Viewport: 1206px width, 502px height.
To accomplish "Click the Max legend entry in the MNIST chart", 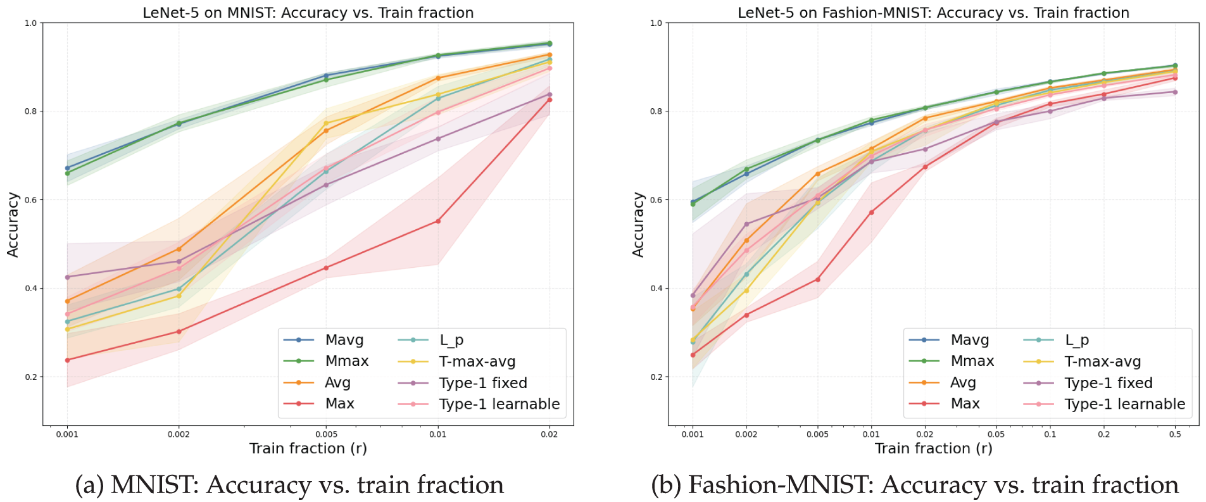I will [339, 404].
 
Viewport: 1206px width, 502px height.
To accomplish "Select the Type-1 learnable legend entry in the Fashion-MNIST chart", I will [1124, 404].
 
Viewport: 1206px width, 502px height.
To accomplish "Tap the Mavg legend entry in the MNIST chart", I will [344, 340].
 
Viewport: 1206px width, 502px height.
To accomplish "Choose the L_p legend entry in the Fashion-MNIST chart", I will [1076, 340].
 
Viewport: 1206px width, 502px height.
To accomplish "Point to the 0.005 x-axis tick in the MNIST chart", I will [326, 434].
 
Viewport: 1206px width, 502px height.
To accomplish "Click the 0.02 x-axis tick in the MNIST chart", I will [550, 434].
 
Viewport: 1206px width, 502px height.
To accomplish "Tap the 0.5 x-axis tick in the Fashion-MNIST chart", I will [1175, 434].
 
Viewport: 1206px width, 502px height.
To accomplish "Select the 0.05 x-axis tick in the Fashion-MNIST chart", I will [996, 434].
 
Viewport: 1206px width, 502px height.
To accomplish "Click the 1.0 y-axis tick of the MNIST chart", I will [30, 23].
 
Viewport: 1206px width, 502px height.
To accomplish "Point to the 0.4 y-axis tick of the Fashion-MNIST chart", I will [656, 289].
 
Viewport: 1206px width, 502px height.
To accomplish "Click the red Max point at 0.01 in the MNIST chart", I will [438, 221].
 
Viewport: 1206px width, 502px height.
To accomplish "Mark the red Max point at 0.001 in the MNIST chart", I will [67, 360].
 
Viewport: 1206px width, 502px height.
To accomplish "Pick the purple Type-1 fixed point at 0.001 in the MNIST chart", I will [67, 277].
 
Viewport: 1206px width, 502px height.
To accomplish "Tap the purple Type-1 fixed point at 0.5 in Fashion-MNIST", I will [1175, 92].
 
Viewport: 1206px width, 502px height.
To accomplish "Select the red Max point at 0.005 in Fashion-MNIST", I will [817, 279].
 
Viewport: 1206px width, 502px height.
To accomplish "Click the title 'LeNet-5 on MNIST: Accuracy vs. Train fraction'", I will [308, 13].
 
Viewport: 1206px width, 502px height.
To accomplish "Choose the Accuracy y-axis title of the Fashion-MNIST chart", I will [638, 225].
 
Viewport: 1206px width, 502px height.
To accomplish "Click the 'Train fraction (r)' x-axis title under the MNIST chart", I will [308, 448].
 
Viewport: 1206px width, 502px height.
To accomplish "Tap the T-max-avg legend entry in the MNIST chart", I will [477, 361].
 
